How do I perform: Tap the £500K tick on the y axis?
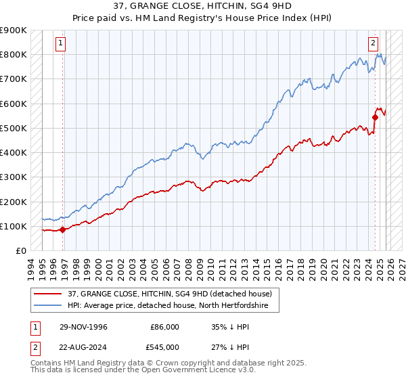[14, 128]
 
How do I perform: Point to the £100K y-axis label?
[14, 226]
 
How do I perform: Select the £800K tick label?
[14, 54]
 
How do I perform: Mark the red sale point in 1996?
[63, 229]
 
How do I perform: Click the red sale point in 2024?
[375, 117]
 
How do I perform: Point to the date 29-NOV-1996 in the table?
[84, 327]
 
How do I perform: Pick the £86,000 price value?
[166, 327]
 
